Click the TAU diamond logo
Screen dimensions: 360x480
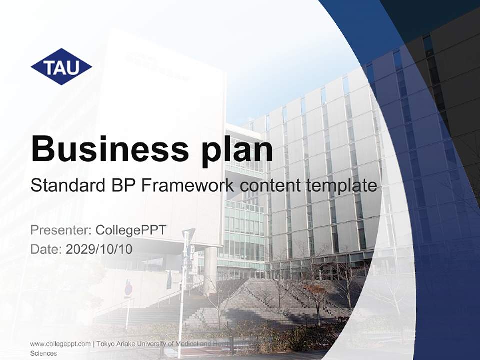[61, 67]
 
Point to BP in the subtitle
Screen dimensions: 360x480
[120, 186]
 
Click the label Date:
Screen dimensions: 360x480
[46, 249]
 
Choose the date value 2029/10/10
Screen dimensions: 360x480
[99, 249]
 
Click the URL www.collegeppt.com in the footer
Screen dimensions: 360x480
[60, 344]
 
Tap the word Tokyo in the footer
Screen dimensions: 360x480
[106, 344]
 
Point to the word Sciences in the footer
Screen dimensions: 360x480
[44, 353]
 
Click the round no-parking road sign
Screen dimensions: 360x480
[128, 289]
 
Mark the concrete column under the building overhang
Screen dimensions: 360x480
[210, 270]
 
